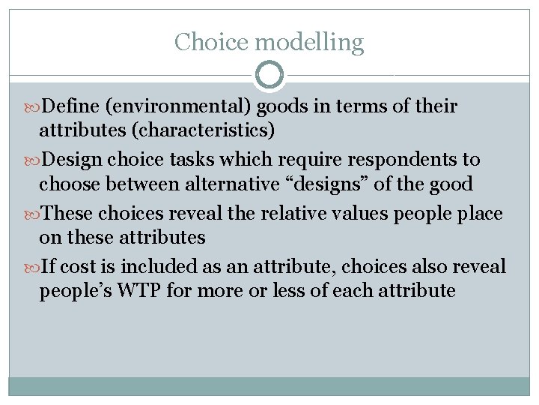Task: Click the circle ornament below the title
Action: [x=269, y=75]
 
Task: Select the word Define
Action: [x=71, y=107]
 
